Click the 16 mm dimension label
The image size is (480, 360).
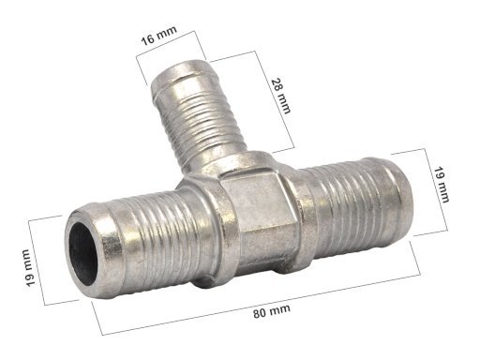(159, 36)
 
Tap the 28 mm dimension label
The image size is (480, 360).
(281, 96)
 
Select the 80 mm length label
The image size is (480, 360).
(272, 311)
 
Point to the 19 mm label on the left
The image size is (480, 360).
(31, 267)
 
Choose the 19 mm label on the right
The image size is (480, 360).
(441, 185)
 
